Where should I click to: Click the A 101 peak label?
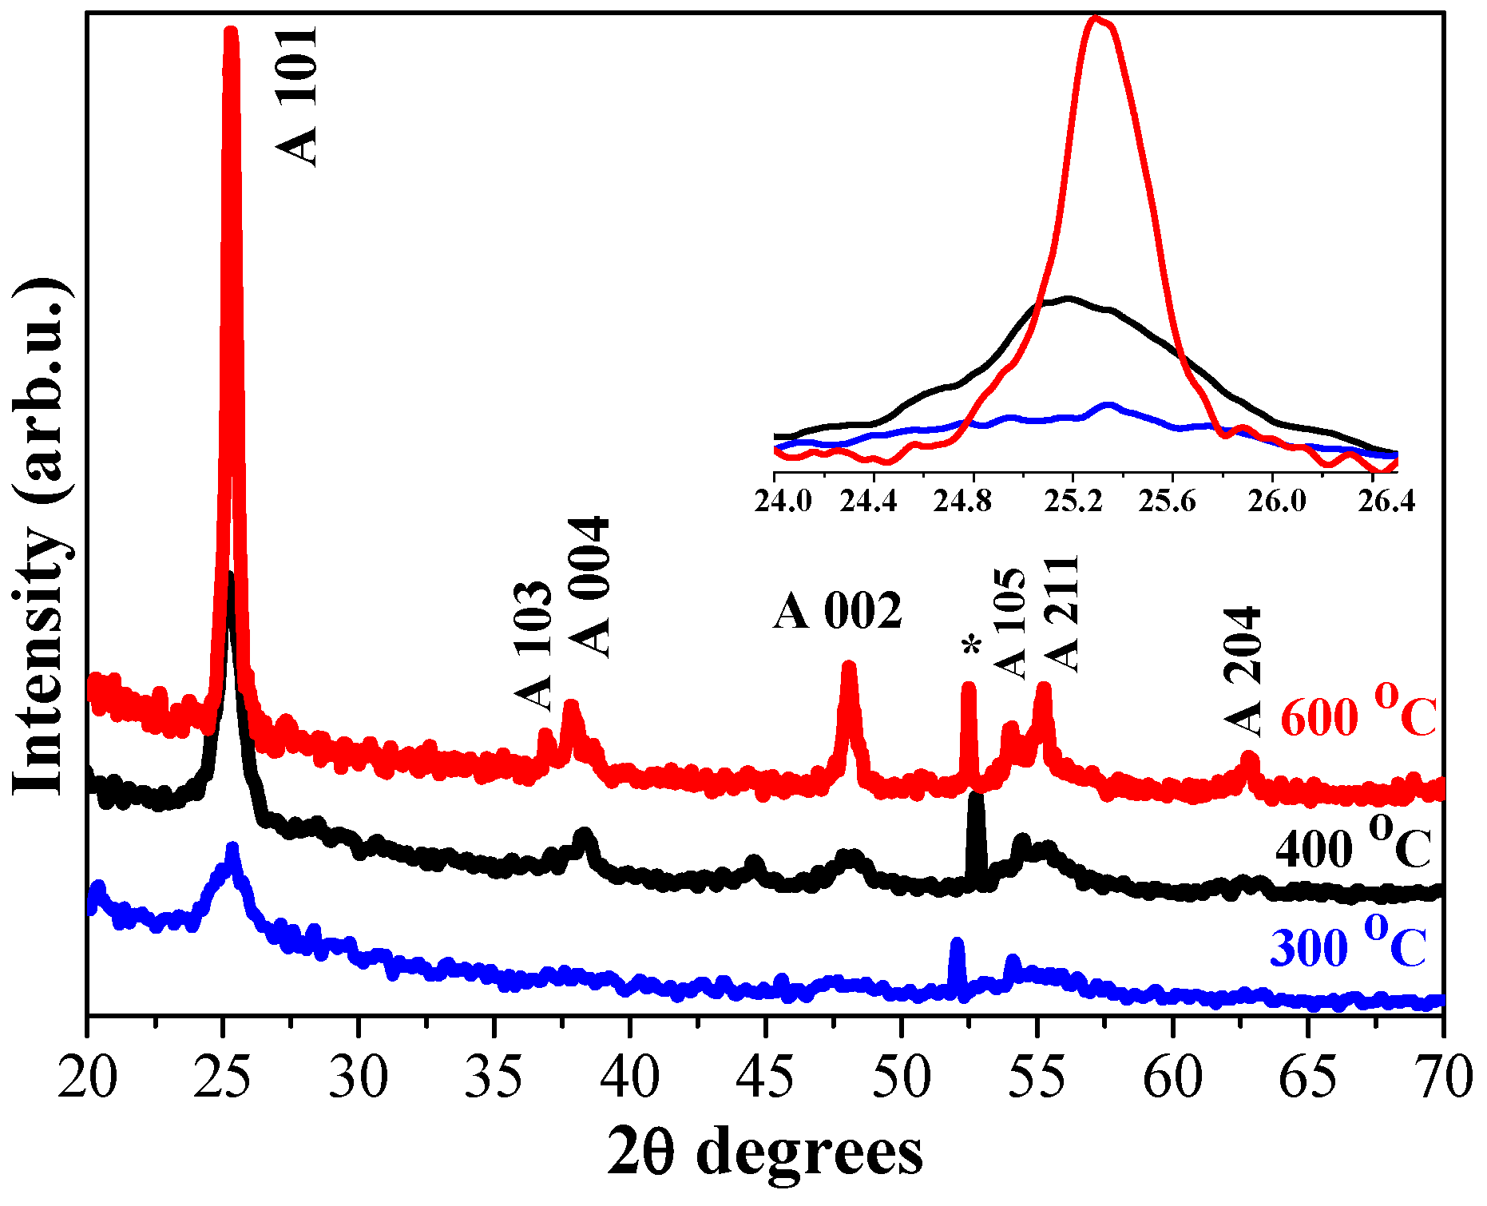point(297,96)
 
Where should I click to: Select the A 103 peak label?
point(533,645)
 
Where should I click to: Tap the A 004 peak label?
point(591,587)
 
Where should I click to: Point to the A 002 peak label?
point(837,612)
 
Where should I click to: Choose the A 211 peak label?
point(1062,613)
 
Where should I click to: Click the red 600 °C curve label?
point(1358,712)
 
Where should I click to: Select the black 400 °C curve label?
point(1352,844)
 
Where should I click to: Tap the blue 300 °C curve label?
point(1347,943)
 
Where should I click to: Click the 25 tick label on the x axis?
point(224,1078)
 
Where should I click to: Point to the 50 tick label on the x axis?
point(902,1078)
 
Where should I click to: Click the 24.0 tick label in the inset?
point(783,502)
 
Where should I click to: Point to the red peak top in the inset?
point(1096,19)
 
